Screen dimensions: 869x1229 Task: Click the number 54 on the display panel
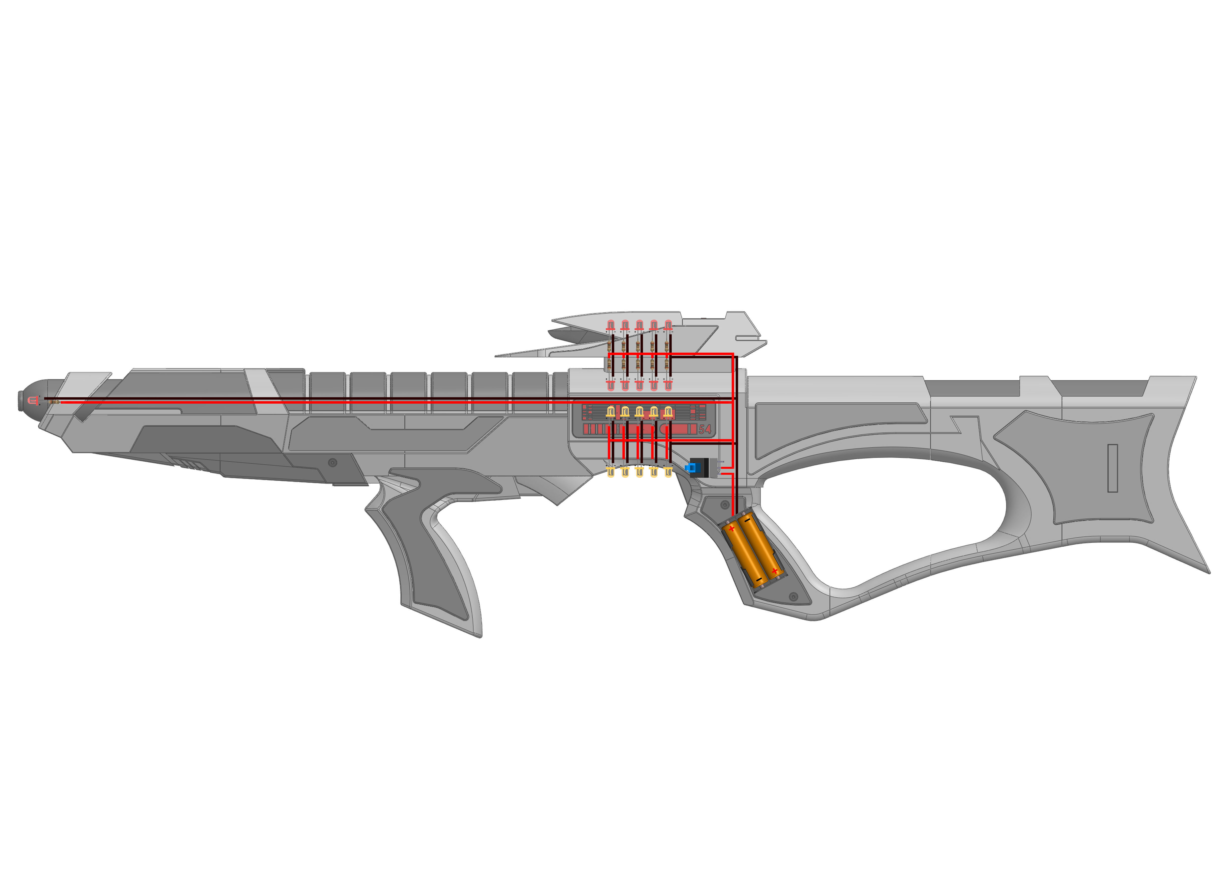coord(705,429)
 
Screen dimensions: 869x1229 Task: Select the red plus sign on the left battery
coord(731,529)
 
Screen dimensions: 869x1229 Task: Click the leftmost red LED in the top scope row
coord(610,325)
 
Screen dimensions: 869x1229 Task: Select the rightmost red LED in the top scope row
coord(668,325)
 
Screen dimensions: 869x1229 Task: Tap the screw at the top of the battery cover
coord(725,504)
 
